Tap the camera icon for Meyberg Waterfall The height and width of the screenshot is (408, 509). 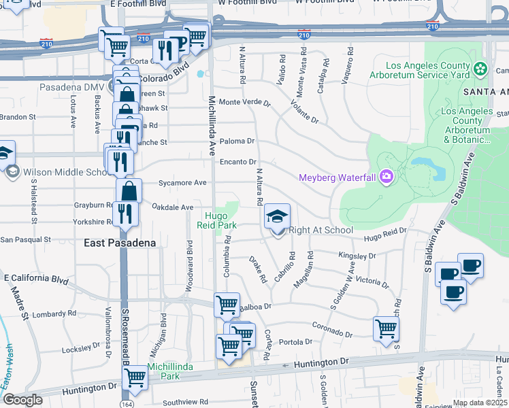[x=387, y=178]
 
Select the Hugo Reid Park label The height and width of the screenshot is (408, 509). [x=216, y=220]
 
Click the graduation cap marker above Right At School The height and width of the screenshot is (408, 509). [x=277, y=217]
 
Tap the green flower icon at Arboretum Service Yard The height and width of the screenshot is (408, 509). [x=480, y=69]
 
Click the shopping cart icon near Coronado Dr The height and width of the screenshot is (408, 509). [x=386, y=328]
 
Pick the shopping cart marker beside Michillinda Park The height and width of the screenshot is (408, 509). [x=135, y=378]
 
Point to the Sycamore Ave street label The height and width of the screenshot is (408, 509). [x=182, y=183]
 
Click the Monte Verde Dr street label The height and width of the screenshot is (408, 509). [x=244, y=103]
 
